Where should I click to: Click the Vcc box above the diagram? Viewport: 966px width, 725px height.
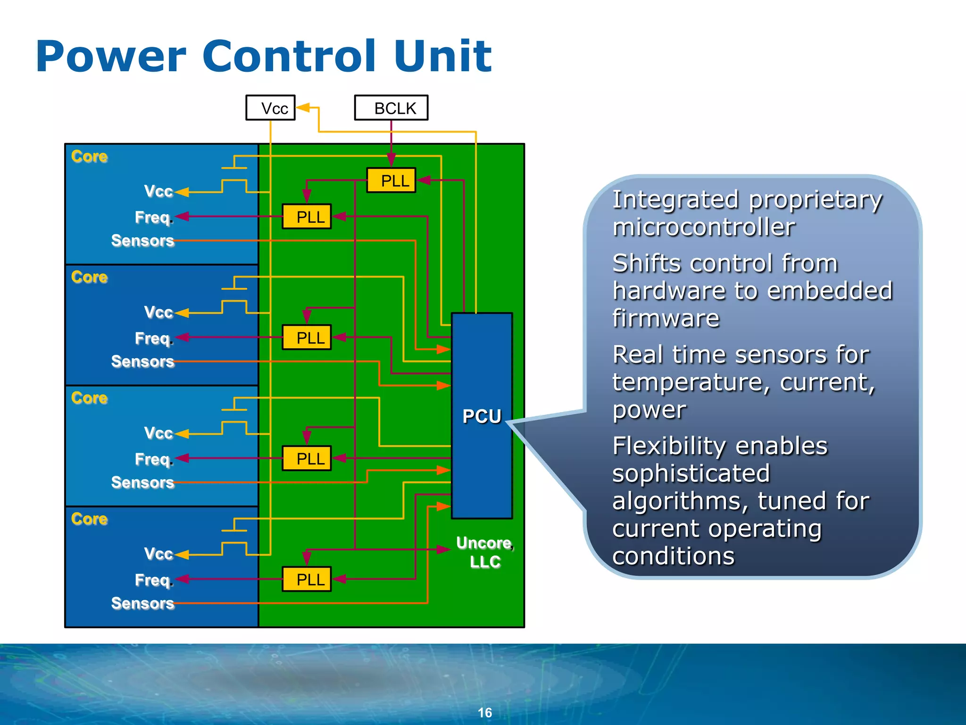coord(270,108)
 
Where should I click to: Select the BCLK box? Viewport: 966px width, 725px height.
coord(391,108)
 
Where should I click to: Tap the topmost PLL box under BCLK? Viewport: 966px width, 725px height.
coord(391,180)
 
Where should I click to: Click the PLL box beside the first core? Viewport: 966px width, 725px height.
coord(307,217)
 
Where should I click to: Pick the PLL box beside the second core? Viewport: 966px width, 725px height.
coord(307,337)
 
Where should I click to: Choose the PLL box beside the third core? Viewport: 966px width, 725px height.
coord(307,458)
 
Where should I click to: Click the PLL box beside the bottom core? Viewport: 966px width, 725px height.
coord(307,579)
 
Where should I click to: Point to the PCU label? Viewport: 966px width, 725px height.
coord(482,416)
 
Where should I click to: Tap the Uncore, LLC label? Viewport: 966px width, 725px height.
coord(485,552)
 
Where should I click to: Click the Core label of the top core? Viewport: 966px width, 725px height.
coord(89,156)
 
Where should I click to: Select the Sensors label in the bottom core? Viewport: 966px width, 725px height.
coord(142,603)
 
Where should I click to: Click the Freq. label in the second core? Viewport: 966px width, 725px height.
coord(154,338)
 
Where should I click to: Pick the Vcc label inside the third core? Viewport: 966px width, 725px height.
coord(158,433)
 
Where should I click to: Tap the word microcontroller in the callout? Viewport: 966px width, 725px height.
coord(703,227)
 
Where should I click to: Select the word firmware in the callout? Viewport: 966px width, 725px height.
coord(666,318)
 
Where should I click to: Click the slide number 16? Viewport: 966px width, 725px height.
coord(484,712)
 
